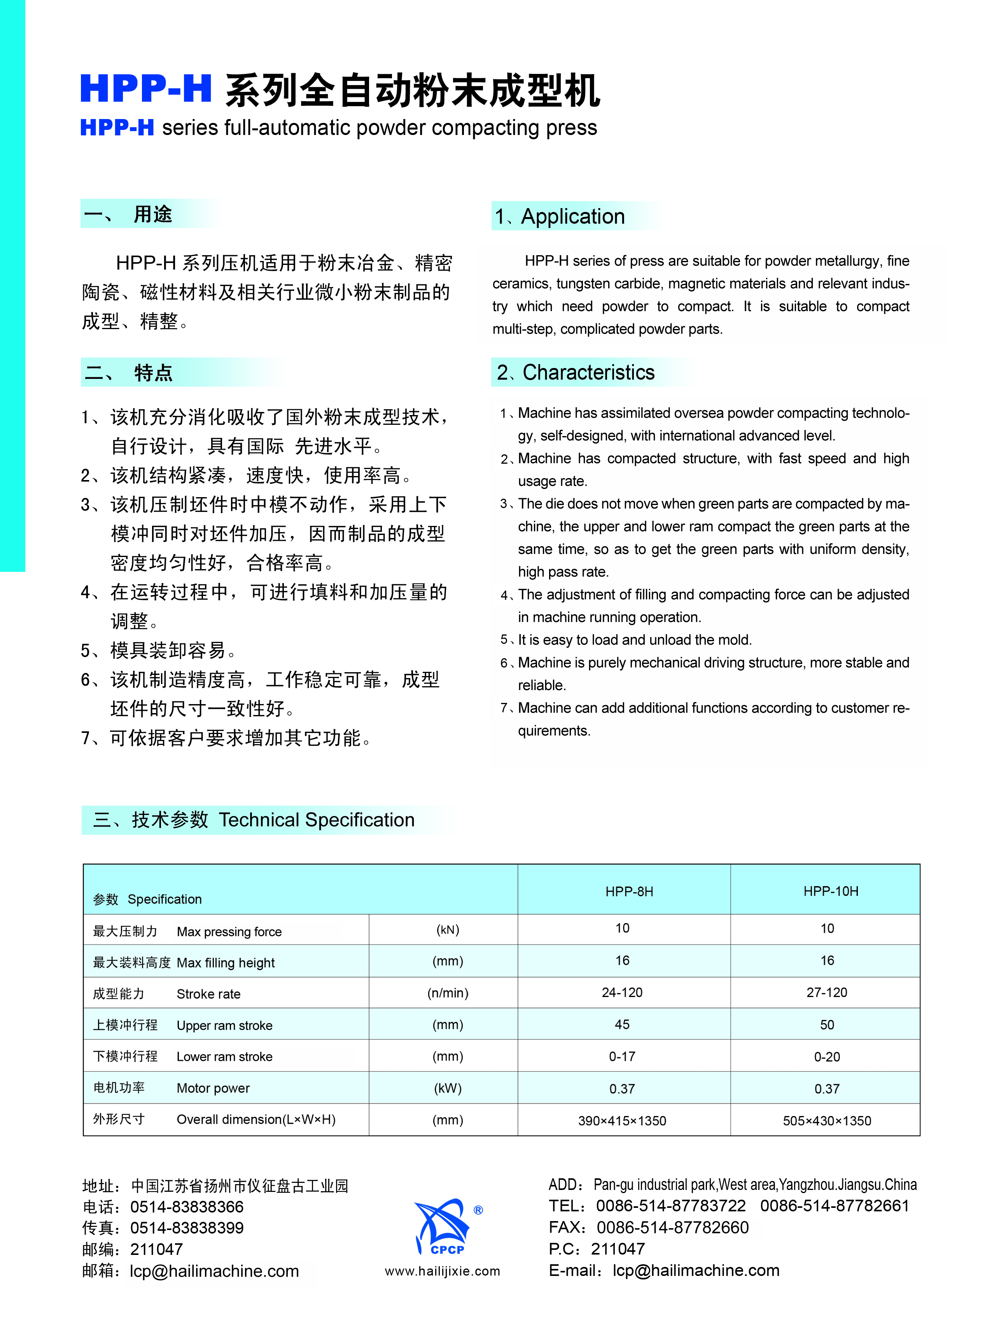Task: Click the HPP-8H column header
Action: coord(629,891)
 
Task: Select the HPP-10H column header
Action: coord(831,891)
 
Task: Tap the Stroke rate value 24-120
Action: coord(622,993)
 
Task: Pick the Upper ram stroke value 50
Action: coord(827,1025)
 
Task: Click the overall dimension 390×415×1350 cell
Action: coord(622,1121)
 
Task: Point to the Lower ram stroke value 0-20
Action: coord(827,1057)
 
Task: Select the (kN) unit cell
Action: coord(447,930)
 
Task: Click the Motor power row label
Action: coord(213,1088)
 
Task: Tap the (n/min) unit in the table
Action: coord(447,993)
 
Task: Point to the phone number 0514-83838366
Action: coord(187,1207)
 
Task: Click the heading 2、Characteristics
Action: coord(575,372)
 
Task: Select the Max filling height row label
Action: coord(225,963)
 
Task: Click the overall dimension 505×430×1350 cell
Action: coord(827,1121)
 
